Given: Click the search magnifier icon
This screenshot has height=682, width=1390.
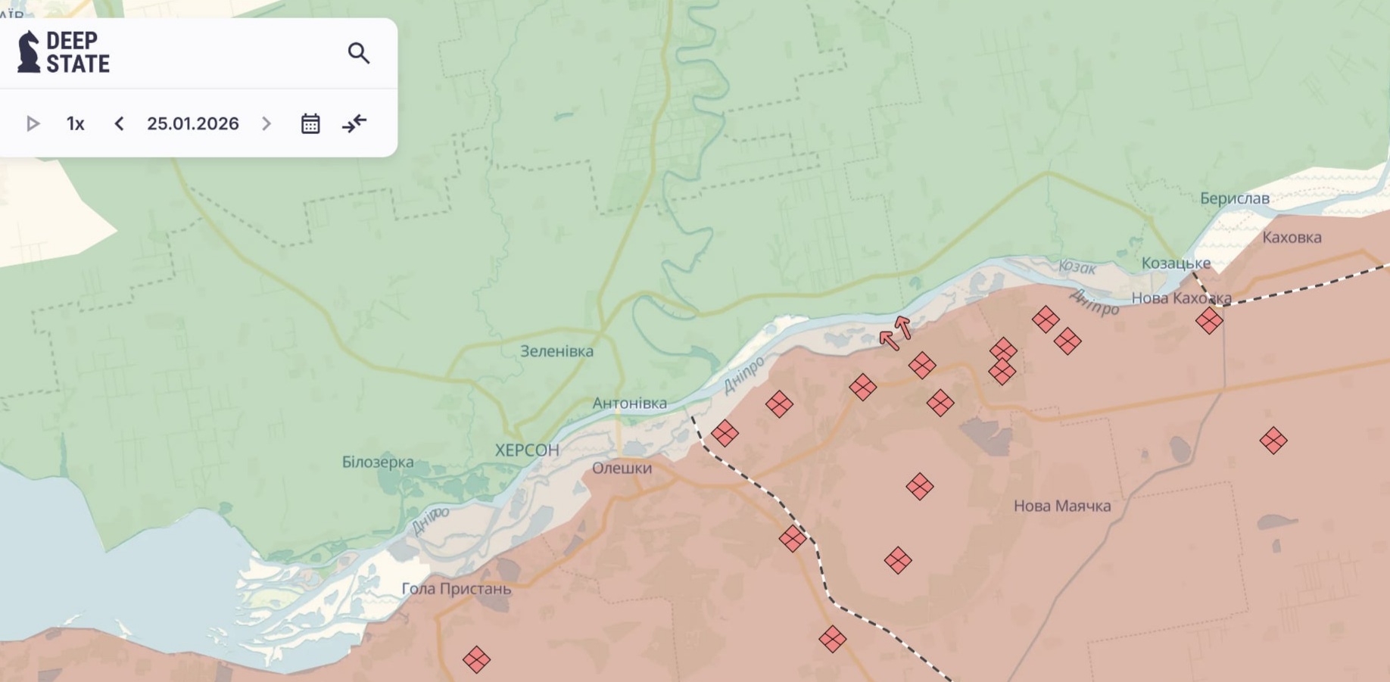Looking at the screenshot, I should [x=359, y=53].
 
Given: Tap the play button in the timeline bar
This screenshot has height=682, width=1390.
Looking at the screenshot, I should [x=33, y=123].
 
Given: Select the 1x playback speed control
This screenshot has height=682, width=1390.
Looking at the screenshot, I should [x=75, y=123].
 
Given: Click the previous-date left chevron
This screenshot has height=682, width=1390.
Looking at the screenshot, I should [x=119, y=123].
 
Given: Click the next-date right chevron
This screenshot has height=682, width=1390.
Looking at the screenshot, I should [x=266, y=123].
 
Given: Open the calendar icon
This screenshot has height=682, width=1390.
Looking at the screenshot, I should [x=310, y=123].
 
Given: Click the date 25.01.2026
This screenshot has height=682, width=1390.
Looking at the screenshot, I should [x=192, y=123].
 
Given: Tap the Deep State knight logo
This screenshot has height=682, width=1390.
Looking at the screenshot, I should [x=29, y=52].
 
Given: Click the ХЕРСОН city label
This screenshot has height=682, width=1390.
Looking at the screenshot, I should [x=527, y=450].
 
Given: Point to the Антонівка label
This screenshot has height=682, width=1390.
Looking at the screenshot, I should [x=629, y=403].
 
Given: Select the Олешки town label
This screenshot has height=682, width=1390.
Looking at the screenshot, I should [x=622, y=468].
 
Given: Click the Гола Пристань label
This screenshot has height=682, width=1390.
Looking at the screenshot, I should [x=456, y=588].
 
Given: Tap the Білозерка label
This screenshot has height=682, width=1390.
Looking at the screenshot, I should [x=378, y=462].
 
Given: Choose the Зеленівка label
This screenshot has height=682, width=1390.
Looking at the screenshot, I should [x=556, y=351].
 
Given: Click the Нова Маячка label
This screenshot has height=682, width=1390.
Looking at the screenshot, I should [x=1062, y=506].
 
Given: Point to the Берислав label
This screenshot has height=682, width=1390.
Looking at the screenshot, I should [x=1234, y=198].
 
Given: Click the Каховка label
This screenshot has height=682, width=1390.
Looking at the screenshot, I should [x=1292, y=237].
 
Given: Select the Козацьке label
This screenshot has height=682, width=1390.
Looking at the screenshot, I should [x=1176, y=263].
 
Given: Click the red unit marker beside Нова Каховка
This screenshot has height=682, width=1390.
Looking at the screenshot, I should [x=1209, y=320].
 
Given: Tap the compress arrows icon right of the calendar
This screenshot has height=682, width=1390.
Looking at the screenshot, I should [x=354, y=123].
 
